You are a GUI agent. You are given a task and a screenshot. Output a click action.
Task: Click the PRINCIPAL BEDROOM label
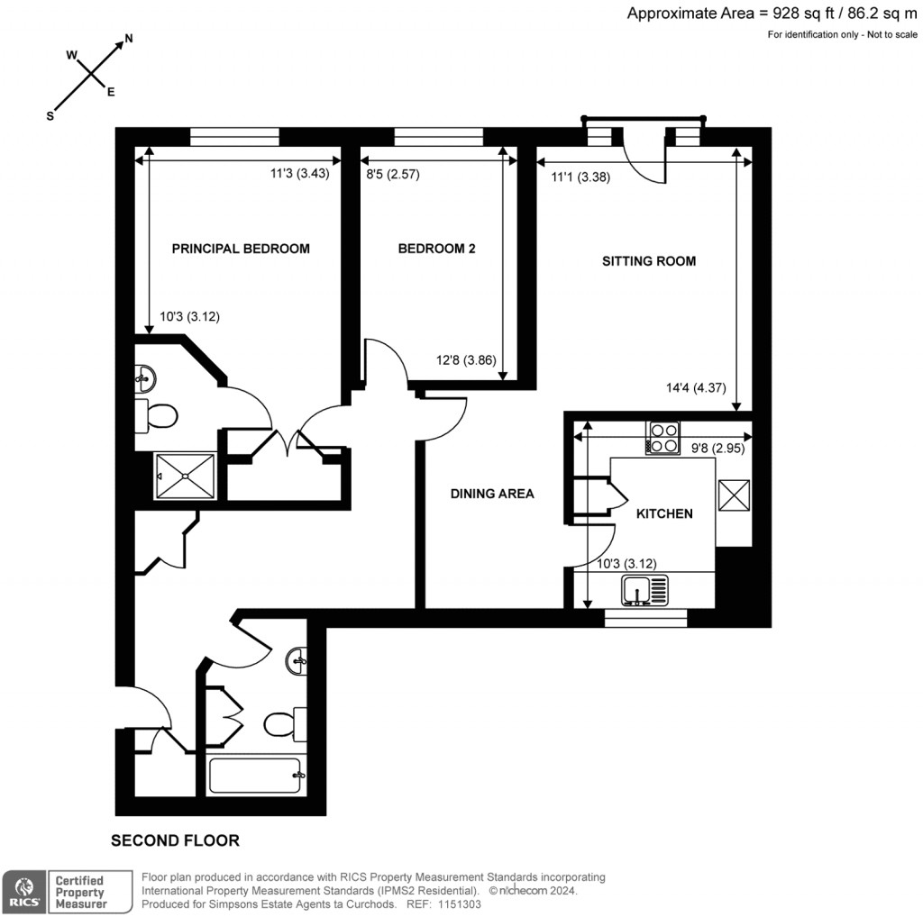click(241, 249)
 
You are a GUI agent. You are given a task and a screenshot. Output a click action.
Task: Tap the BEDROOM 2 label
click(436, 249)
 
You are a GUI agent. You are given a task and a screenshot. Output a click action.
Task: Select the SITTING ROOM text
click(649, 261)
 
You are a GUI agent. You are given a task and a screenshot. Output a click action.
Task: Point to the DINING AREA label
click(492, 494)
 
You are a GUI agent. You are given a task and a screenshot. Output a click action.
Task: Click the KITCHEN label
click(664, 513)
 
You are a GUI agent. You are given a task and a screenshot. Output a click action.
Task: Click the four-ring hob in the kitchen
click(663, 438)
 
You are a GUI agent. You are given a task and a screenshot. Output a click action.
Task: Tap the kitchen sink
click(645, 592)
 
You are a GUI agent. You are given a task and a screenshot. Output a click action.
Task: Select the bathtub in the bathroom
click(254, 775)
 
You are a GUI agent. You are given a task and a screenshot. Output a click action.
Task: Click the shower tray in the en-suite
click(186, 475)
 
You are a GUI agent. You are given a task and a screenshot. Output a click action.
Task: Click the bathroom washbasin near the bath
click(297, 664)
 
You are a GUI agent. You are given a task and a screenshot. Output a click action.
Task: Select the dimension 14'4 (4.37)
click(690, 389)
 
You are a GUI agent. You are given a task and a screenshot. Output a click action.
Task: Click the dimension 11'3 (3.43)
click(300, 176)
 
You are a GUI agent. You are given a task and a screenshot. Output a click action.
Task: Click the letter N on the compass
click(129, 39)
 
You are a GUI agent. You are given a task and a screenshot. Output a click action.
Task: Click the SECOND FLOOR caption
click(175, 840)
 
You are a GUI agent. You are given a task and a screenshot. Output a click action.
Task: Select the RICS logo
click(23, 891)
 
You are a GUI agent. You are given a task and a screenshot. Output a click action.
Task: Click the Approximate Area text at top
click(772, 13)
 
